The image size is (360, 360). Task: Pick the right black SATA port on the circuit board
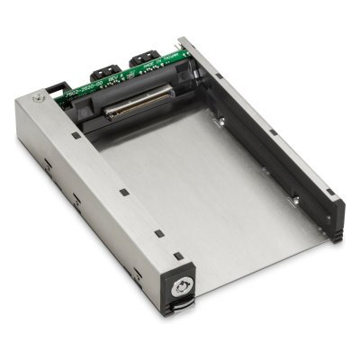(x=142, y=60)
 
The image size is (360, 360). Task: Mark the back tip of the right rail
(x=184, y=40)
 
